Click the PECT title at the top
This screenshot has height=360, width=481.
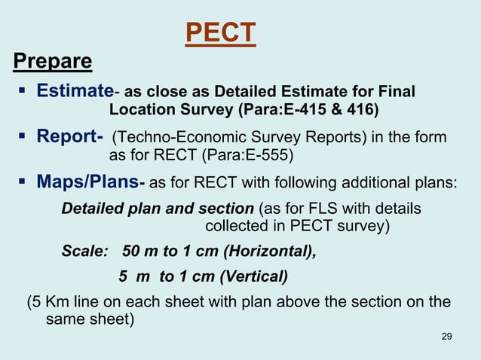(220, 33)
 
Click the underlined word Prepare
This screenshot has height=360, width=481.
(53, 61)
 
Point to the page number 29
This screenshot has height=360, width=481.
(446, 335)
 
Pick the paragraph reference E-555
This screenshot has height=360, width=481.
(265, 157)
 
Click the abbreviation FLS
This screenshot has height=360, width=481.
(312, 208)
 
